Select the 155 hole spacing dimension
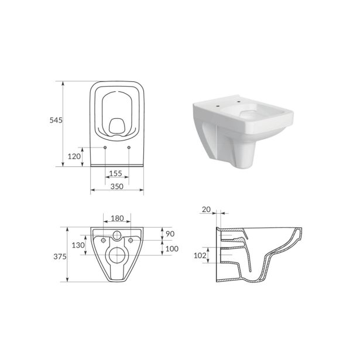[x=116, y=174]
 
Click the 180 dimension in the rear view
[x=117, y=218]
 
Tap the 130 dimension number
[x=77, y=245]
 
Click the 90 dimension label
[x=171, y=234]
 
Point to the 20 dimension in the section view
[x=205, y=208]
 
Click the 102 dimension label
[x=201, y=255]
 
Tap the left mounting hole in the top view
[x=105, y=147]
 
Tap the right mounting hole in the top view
[x=128, y=147]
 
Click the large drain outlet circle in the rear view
[x=117, y=255]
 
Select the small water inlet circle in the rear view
[x=117, y=236]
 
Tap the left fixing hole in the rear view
[x=103, y=241]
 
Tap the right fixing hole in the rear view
[x=131, y=241]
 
